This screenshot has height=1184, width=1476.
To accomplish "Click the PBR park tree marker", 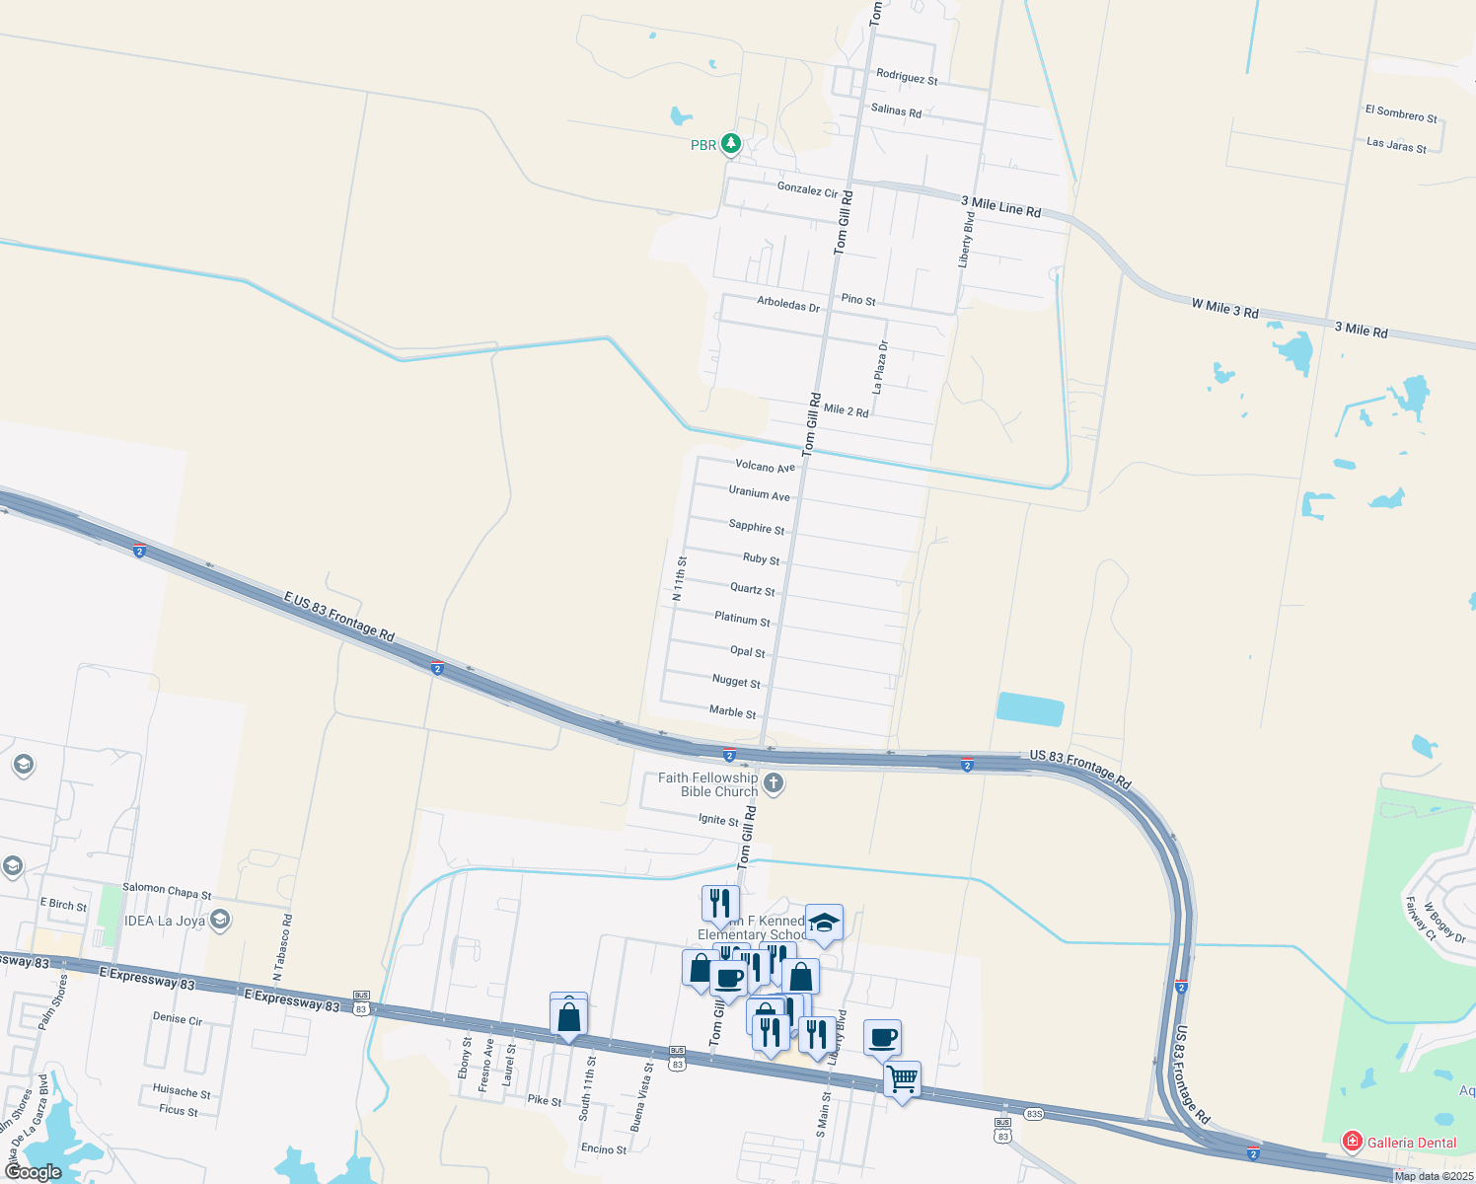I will click(730, 144).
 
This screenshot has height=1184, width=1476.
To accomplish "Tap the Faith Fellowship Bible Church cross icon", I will click(774, 784).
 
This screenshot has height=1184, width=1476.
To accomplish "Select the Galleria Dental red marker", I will click(1352, 1142).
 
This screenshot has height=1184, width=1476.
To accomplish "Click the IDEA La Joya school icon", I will click(220, 921).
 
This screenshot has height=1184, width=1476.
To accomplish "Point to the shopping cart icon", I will click(903, 1078).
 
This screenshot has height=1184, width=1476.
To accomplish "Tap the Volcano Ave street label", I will click(765, 467).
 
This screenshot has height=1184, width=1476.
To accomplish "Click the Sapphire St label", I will click(757, 527).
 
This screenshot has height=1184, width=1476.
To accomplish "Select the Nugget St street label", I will click(736, 682).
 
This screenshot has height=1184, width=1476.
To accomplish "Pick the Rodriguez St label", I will click(907, 77).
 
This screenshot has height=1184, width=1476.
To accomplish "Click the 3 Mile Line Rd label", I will click(1000, 206).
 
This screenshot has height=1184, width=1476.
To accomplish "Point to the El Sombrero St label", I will click(1401, 113).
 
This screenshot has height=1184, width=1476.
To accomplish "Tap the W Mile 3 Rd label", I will click(1224, 308).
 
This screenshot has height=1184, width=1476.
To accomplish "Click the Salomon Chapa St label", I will click(167, 891).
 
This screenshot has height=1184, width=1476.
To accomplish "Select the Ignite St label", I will click(718, 820).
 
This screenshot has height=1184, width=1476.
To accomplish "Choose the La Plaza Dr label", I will click(881, 367).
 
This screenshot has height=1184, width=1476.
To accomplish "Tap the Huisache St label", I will click(182, 1092).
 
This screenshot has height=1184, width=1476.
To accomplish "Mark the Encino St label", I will click(604, 1148).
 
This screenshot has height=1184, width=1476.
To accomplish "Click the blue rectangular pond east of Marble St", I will click(1030, 709).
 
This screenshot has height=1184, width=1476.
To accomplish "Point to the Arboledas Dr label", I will click(788, 305).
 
